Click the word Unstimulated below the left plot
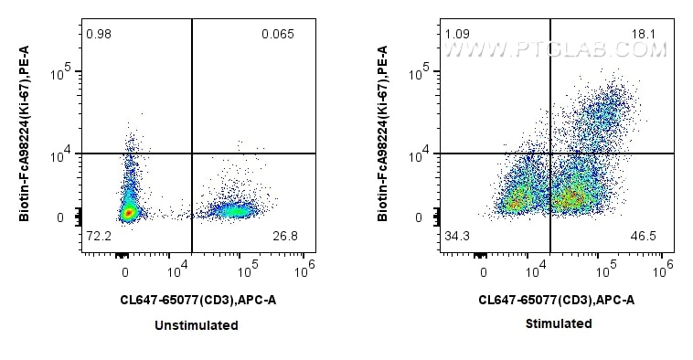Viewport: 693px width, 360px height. pos(197,325)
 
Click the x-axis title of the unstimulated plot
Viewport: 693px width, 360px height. pos(197,299)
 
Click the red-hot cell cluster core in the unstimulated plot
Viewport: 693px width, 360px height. pos(129,212)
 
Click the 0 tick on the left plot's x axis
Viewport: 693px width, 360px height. pos(125,271)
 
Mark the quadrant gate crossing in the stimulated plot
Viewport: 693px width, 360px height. pos(550,154)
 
